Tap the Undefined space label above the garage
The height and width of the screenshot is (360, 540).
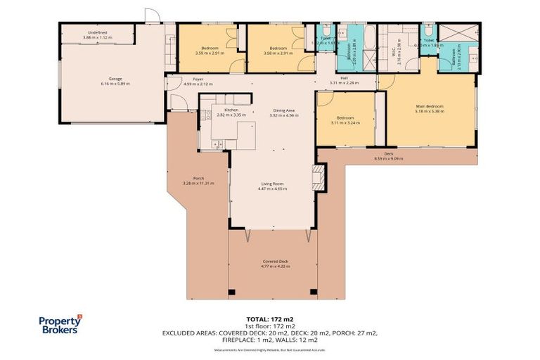pos(97,32)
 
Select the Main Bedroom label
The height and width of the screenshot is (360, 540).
pos(429,106)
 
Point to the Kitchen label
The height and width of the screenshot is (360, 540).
pos(232,110)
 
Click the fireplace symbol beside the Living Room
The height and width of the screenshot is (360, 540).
pos(319,178)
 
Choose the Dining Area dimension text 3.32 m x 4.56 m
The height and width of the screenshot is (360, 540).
pos(284,115)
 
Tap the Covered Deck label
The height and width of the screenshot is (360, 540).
pos(274,262)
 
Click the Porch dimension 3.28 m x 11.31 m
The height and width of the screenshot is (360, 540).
pos(198,183)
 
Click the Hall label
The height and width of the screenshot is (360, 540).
pos(344,78)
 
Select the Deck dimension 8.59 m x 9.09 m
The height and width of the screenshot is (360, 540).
pos(388,158)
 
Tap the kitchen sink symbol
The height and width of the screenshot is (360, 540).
pos(217,144)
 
